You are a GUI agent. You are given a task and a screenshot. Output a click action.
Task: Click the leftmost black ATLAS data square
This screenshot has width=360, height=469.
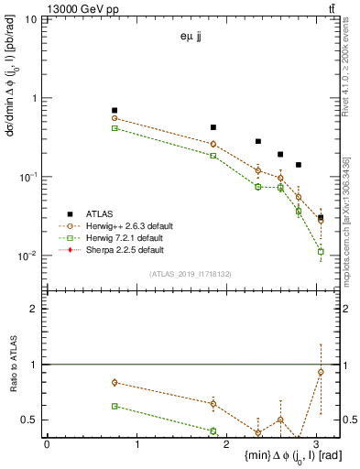[115, 110]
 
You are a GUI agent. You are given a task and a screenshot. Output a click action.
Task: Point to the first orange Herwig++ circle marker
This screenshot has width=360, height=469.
[115, 118]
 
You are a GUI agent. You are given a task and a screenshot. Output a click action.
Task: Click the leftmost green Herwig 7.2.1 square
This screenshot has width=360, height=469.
[115, 128]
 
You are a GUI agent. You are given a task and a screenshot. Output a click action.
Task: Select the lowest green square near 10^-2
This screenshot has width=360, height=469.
[321, 251]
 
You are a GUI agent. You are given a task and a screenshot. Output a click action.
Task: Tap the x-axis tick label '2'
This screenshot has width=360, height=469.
[227, 445]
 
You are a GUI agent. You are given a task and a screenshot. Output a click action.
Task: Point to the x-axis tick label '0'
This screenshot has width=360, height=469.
[47, 445]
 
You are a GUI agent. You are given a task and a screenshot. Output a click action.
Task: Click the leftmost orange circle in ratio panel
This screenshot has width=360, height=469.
[115, 382]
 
